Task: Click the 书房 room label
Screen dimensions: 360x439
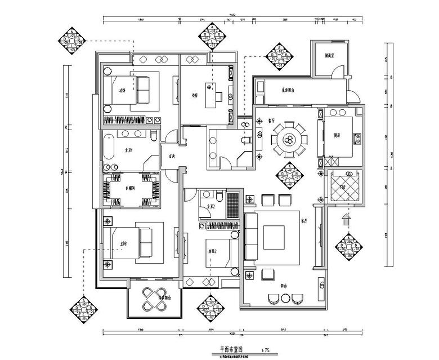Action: (195, 95)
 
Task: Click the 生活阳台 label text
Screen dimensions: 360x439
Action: (288, 90)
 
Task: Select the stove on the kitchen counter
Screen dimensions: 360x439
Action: (356, 138)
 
